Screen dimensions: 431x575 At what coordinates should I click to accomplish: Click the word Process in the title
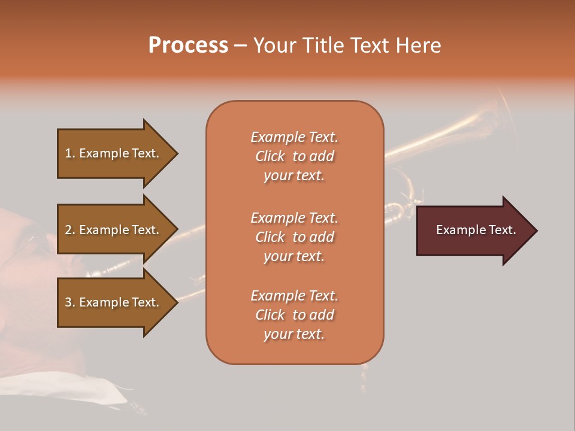(188, 45)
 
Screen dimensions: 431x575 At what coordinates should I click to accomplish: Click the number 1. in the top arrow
(70, 153)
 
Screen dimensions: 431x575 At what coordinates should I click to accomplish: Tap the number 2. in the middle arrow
(70, 230)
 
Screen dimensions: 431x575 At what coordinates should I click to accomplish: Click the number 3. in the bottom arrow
(70, 302)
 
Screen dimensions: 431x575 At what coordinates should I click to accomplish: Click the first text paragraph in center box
(294, 156)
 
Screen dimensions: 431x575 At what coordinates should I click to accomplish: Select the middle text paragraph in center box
(294, 236)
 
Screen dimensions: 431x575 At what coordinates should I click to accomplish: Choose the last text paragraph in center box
(294, 315)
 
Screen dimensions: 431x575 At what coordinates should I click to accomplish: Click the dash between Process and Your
(240, 45)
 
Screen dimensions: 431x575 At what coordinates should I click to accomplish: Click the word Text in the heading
(369, 45)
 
